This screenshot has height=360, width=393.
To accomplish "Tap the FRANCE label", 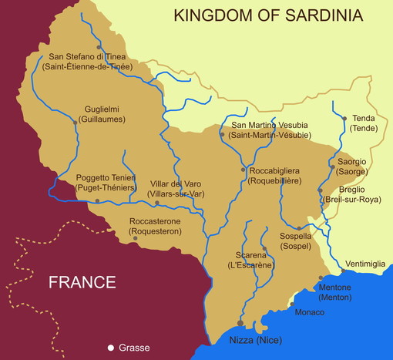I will (x=82, y=282).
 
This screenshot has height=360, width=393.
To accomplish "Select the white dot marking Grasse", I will (x=111, y=347).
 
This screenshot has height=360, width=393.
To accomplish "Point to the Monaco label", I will (x=310, y=312).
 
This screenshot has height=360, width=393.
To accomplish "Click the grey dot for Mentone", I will (x=321, y=278).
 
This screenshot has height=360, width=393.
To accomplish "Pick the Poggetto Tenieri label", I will (x=106, y=183).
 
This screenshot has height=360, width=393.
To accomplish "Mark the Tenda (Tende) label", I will (x=364, y=123).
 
